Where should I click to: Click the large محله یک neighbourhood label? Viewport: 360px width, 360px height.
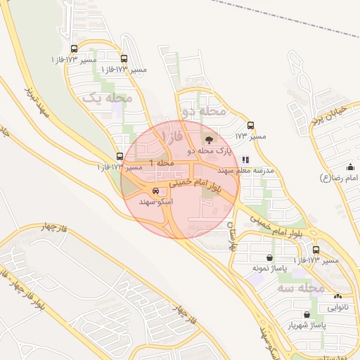point(108,98)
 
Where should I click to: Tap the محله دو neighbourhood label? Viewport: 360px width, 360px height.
point(204,111)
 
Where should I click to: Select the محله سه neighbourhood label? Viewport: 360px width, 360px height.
point(300,288)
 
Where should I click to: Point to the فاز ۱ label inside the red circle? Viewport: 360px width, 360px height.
point(170,134)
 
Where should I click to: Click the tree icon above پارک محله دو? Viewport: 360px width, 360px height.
point(209,139)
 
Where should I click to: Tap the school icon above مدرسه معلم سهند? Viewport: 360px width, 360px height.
point(245,160)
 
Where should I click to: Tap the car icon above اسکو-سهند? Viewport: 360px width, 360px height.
point(155,191)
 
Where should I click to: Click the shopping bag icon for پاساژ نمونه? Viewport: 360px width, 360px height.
point(270,257)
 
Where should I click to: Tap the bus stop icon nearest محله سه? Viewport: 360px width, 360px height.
point(316,250)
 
